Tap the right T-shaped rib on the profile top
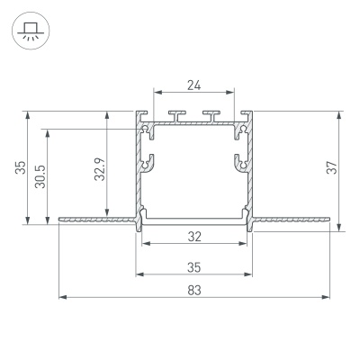click(x=211, y=114)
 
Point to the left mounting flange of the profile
click(x=94, y=218)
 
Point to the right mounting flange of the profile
click(x=292, y=218)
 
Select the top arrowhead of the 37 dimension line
click(x=341, y=115)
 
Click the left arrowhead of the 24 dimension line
click(x=156, y=92)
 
